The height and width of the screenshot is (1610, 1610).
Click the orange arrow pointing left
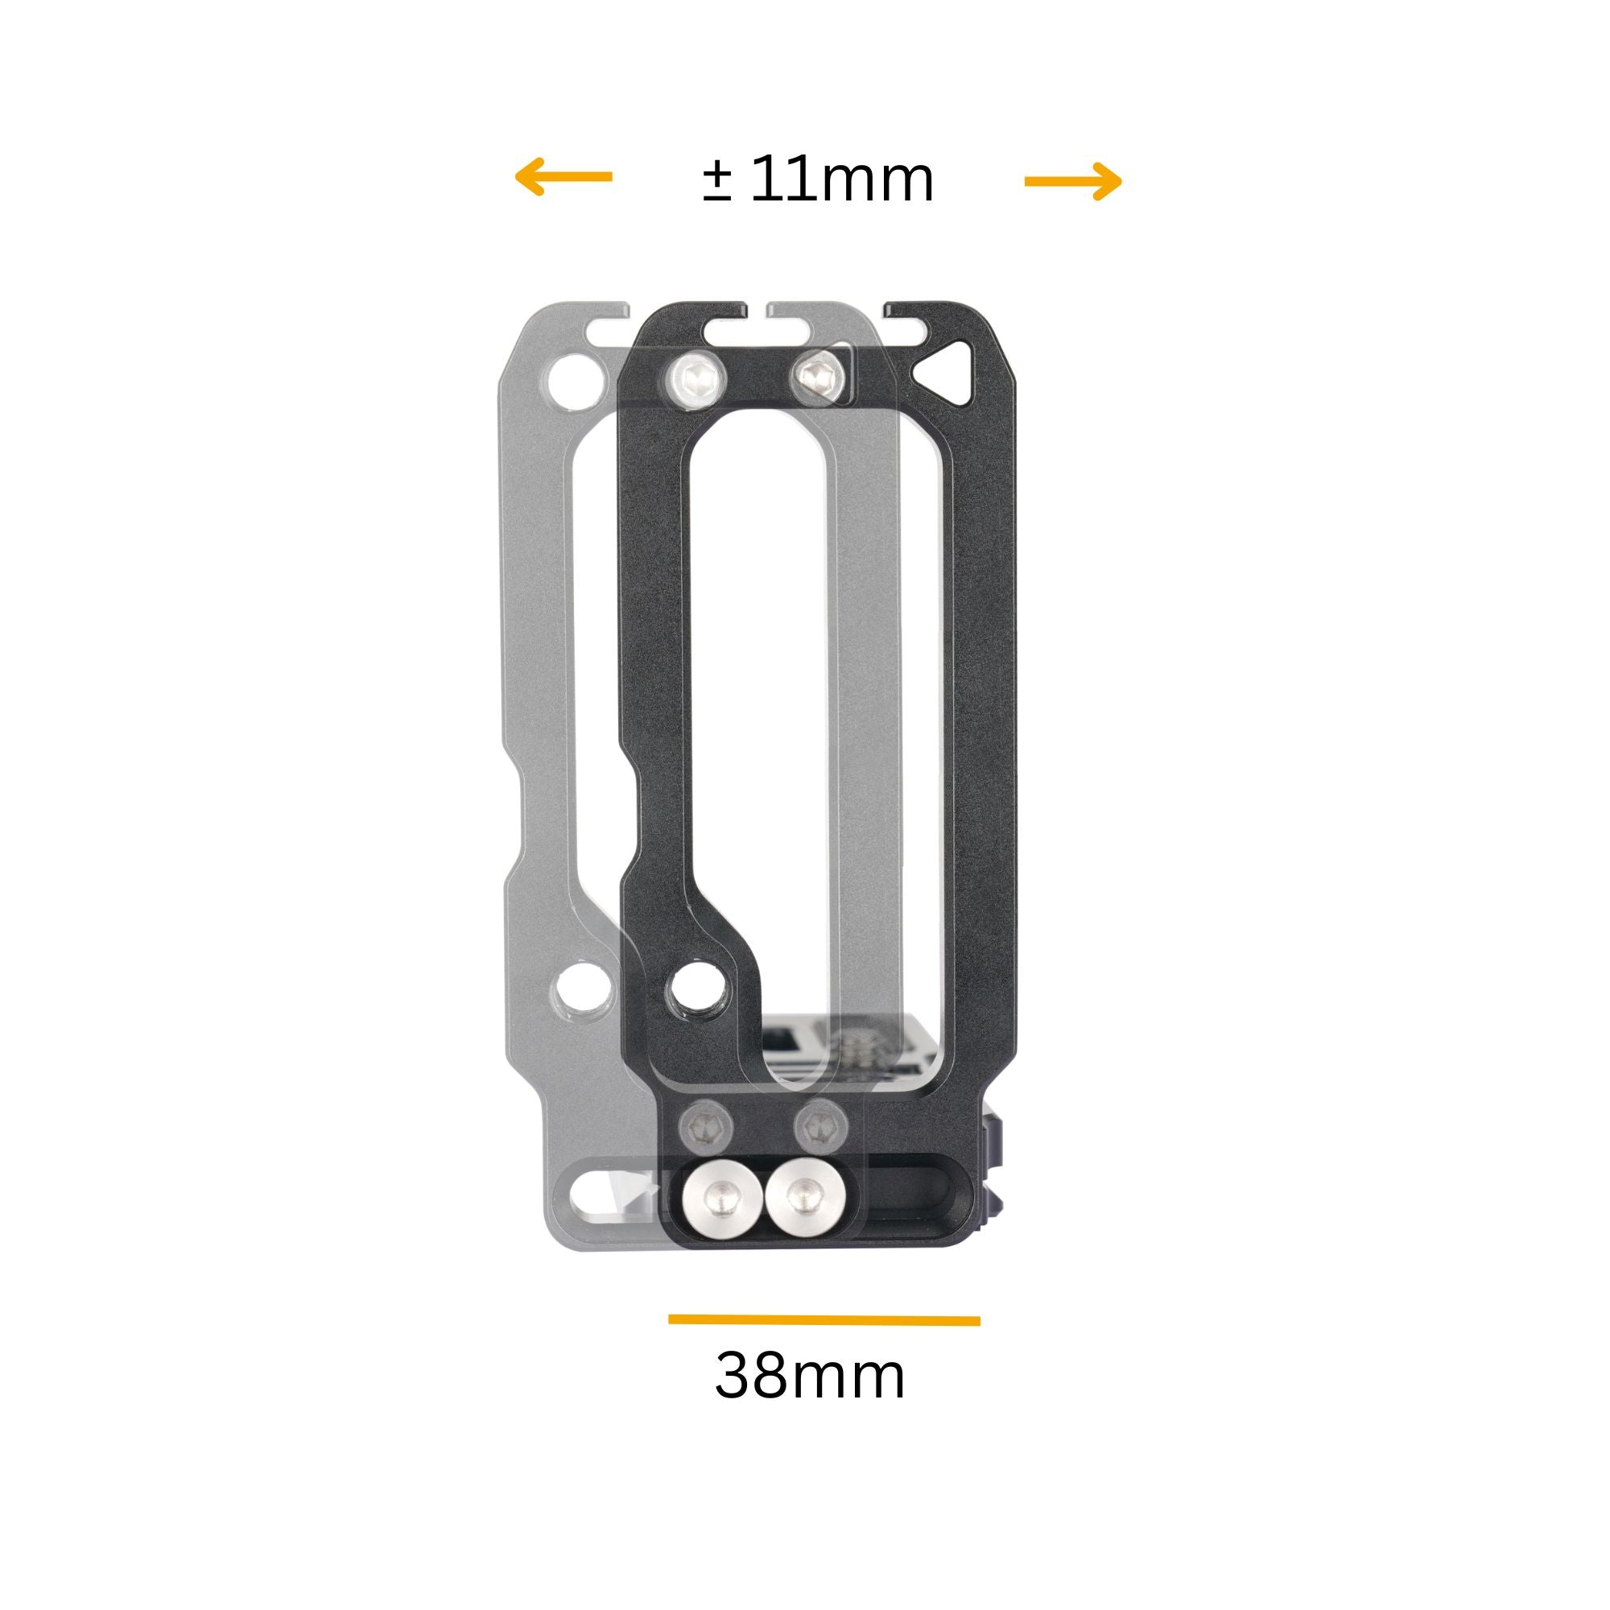[x=563, y=176]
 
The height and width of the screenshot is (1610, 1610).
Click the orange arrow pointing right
[x=1073, y=181]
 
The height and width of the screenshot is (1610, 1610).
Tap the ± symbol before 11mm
[x=716, y=182]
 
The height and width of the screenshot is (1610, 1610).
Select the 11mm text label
[x=842, y=180]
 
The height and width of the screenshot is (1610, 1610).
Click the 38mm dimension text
[x=810, y=1377]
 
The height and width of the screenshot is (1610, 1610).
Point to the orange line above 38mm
[x=824, y=1319]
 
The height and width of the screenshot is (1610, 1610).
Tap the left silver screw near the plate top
[x=696, y=379]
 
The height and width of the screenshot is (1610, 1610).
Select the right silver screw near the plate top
[x=820, y=375]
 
